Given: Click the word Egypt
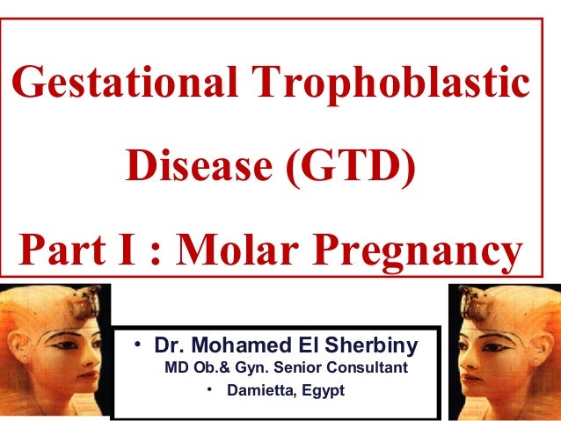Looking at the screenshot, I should pyautogui.click(x=322, y=388).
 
